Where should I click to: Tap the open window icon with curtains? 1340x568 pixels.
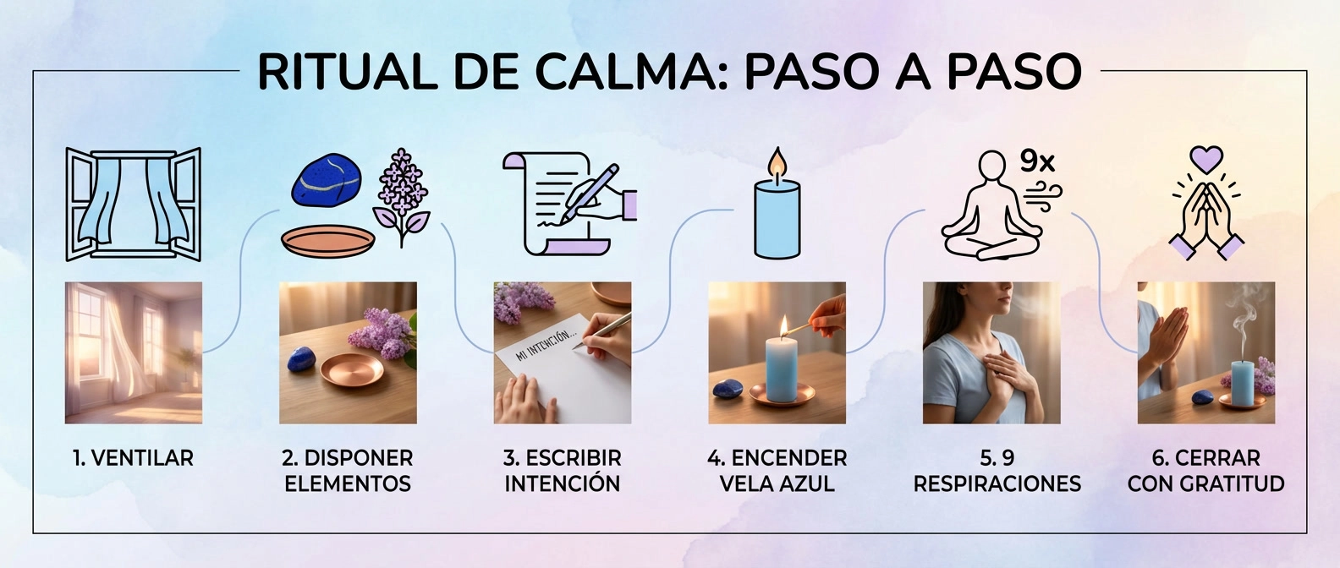click(x=134, y=205)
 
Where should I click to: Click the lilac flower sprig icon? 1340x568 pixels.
click(x=401, y=197)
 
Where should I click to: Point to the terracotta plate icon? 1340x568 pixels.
click(x=328, y=241)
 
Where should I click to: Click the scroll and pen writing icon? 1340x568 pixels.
click(x=569, y=204)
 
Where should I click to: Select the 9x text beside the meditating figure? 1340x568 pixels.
click(x=1036, y=161)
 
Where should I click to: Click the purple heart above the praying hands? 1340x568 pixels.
click(x=1206, y=159)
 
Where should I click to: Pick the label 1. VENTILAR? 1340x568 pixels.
click(x=134, y=458)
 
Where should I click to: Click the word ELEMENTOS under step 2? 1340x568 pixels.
click(x=348, y=483)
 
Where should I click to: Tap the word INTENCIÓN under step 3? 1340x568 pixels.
click(x=563, y=483)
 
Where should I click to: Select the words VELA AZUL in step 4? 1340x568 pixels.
click(x=777, y=483)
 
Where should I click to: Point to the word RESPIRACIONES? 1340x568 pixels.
click(x=997, y=483)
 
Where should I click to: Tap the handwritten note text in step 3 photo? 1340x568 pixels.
click(x=546, y=347)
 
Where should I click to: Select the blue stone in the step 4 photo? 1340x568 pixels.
click(x=728, y=388)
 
